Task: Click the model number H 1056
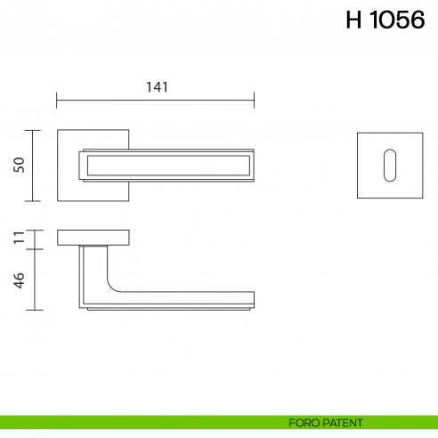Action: point(385,21)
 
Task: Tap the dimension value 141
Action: point(157,86)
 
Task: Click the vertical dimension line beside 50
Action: point(34,166)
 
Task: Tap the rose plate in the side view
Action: point(94,237)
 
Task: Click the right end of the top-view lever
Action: point(252,165)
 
